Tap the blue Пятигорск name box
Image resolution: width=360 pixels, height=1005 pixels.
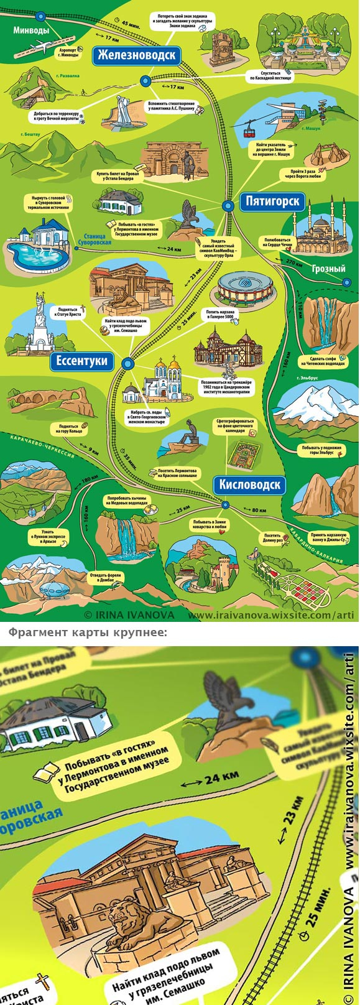tap(272, 201)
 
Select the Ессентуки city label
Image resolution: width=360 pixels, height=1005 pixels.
tap(81, 361)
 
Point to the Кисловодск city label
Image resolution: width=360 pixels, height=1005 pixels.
tap(250, 485)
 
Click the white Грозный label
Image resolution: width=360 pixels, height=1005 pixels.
tap(328, 269)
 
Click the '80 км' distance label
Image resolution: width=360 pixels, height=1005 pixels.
tap(259, 511)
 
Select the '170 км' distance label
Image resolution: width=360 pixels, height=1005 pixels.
tap(294, 262)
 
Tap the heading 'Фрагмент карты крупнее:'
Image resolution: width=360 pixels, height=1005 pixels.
tap(87, 632)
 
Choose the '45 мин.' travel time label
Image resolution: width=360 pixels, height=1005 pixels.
tap(131, 24)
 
